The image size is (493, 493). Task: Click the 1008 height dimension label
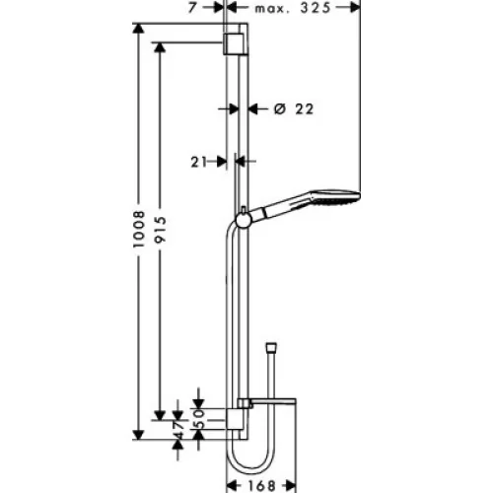[139, 229]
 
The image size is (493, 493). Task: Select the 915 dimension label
[161, 229]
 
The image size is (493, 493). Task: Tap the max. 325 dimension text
[293, 8]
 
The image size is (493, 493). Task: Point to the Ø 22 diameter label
[294, 108]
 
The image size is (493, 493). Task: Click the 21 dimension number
[199, 162]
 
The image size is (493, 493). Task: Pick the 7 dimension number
[192, 8]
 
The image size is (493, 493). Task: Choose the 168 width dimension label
[261, 485]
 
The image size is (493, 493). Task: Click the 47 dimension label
[178, 430]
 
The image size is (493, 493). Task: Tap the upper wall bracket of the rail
[234, 43]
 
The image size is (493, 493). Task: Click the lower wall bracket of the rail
[235, 419]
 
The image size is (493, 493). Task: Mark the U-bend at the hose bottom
[249, 461]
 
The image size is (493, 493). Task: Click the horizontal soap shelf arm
[273, 401]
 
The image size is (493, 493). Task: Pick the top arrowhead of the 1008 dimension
[138, 29]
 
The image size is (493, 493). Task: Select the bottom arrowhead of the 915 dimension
[160, 415]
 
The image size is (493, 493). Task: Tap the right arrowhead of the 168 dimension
[291, 485]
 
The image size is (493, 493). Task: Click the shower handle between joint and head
[280, 207]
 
